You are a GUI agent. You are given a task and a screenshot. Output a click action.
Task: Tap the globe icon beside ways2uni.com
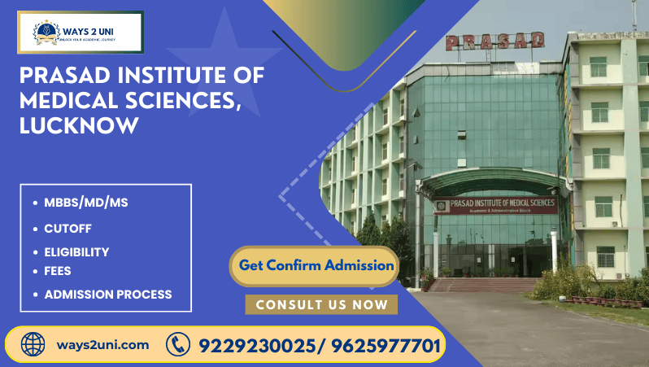point(33,344)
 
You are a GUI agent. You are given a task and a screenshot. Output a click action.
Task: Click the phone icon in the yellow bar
point(177,344)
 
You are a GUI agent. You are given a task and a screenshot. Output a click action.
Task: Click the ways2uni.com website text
point(102,344)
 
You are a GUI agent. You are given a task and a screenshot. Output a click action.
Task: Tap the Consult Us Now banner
point(321,304)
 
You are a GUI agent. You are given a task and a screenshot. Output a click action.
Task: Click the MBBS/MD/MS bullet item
point(85,203)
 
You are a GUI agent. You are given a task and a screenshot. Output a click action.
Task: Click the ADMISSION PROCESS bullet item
point(107,294)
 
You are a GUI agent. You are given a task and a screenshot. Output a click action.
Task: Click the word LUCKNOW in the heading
point(80,126)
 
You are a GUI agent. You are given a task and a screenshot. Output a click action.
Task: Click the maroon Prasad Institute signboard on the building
point(495,205)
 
